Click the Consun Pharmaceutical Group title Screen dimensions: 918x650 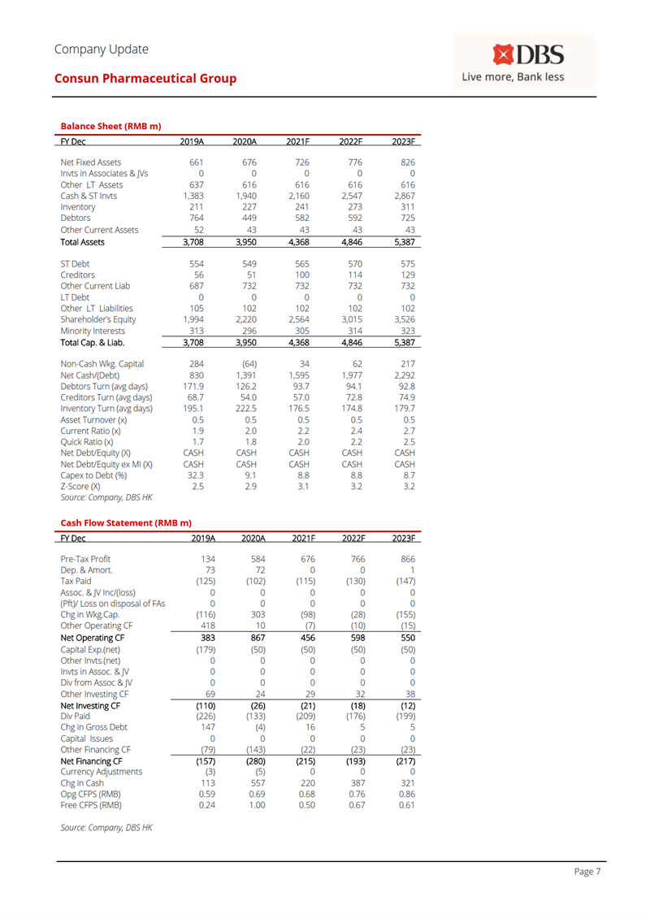click(x=145, y=79)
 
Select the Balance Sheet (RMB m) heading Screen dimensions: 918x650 click(x=110, y=126)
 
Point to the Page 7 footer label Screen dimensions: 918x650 click(x=587, y=872)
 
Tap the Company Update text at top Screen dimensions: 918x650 click(x=102, y=49)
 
